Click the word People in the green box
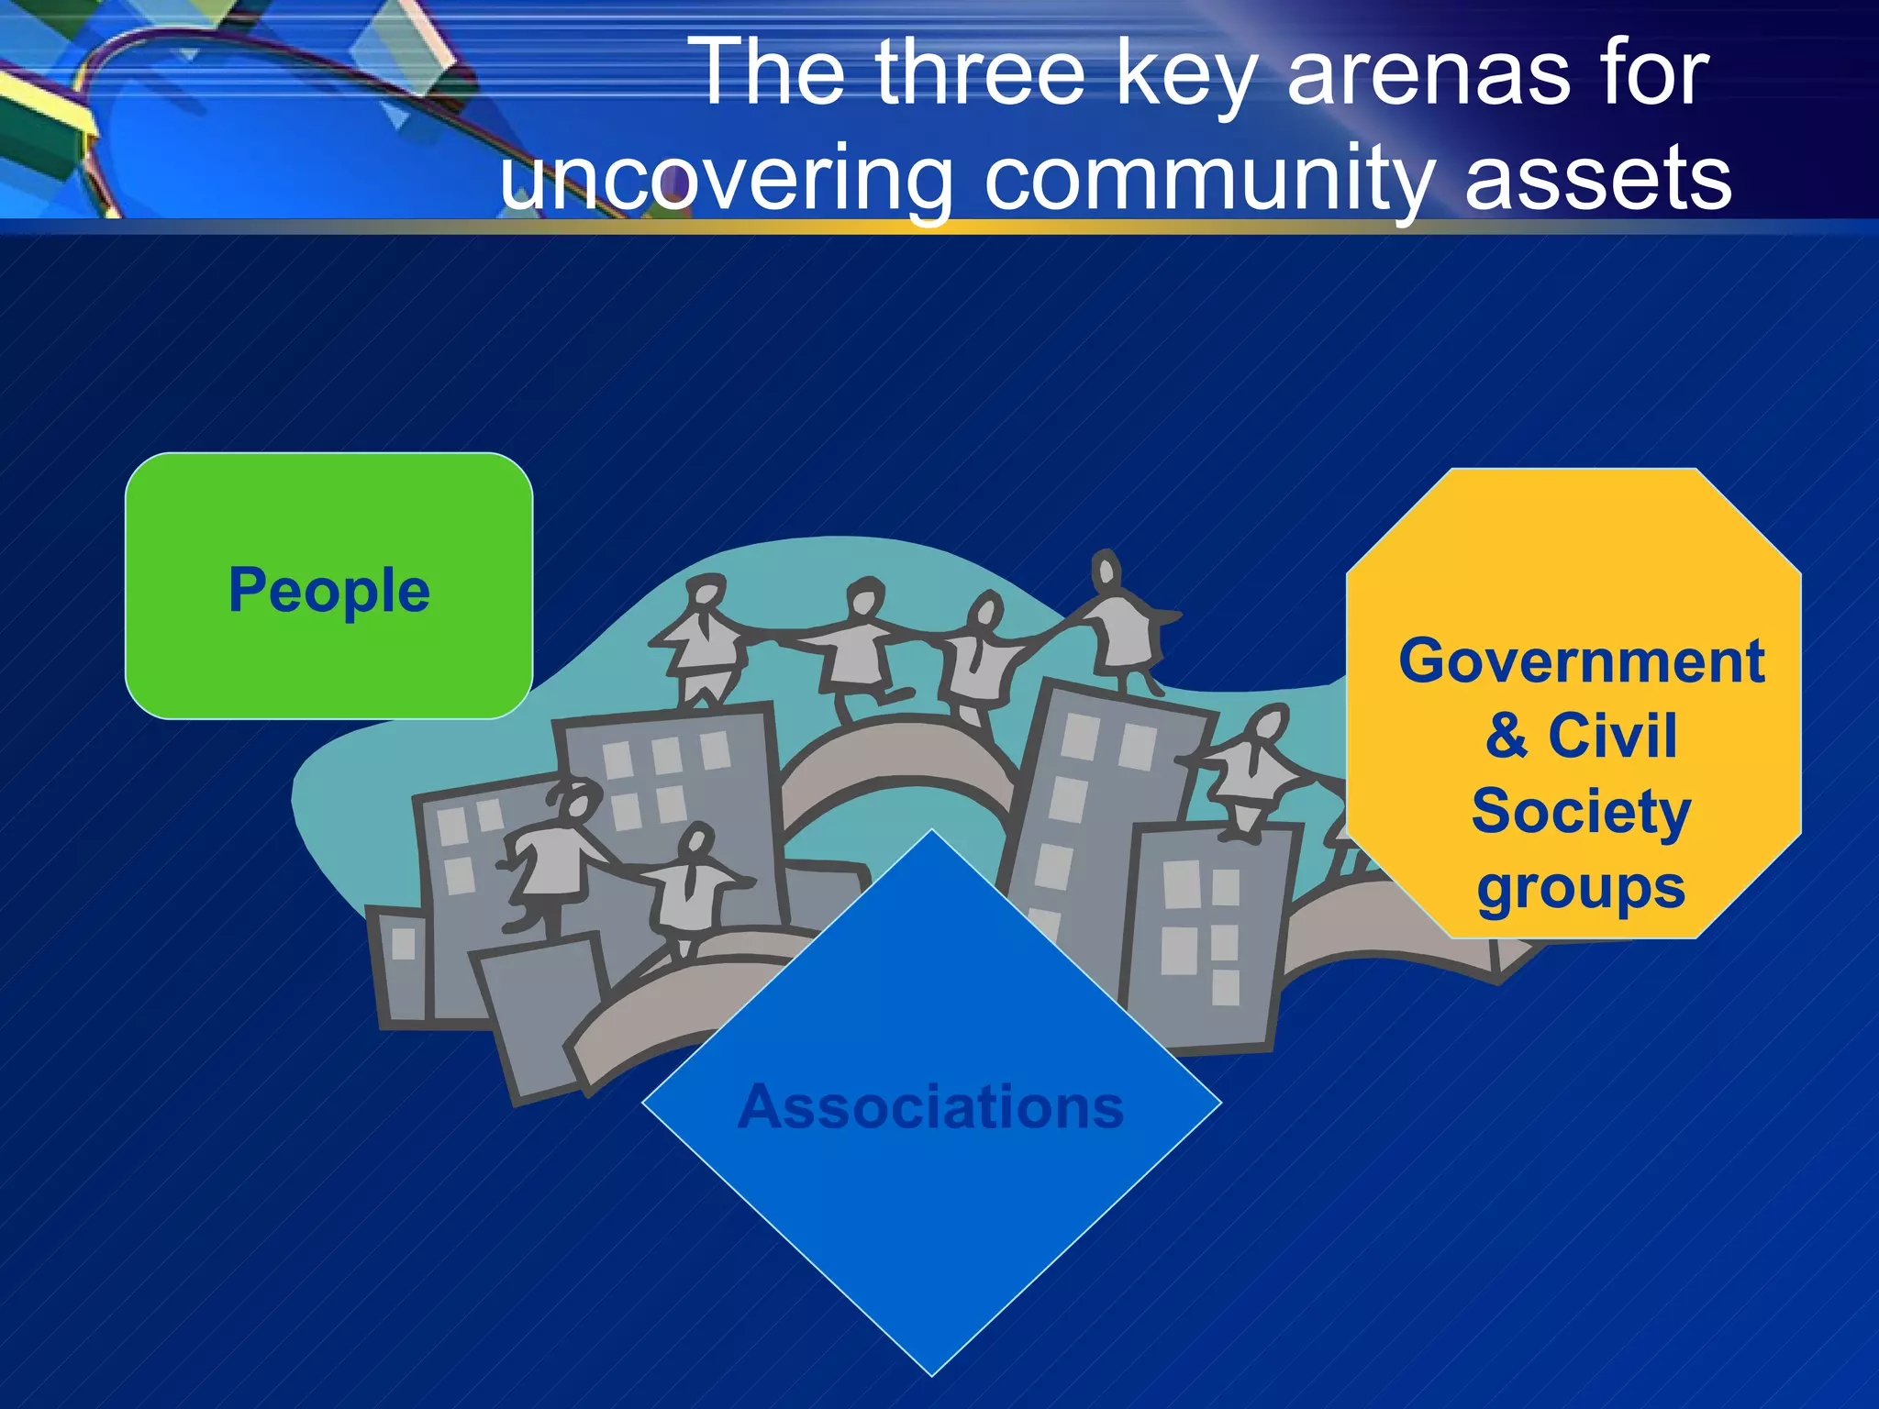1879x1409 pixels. coord(328,591)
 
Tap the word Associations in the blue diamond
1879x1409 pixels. coord(930,1107)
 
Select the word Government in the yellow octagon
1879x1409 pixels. coord(1581,661)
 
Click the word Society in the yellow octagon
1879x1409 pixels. coord(1581,813)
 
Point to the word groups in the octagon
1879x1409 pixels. coord(1581,888)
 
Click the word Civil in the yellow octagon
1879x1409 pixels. coord(1612,736)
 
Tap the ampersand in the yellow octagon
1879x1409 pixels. coord(1506,736)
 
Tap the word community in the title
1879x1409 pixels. coord(1208,180)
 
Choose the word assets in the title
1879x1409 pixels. coord(1597,180)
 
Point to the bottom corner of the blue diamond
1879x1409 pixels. coord(931,1373)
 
